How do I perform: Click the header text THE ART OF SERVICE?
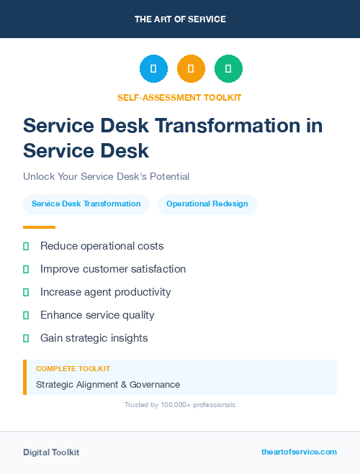(x=180, y=19)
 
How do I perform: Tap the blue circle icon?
(x=153, y=69)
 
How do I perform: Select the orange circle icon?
(x=191, y=69)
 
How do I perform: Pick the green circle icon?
(x=228, y=69)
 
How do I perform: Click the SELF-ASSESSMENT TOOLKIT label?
(x=179, y=97)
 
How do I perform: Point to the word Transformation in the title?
(x=228, y=125)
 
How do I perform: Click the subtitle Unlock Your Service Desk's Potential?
(x=106, y=176)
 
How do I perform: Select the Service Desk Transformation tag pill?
(x=86, y=204)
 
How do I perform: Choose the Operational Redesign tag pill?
(x=207, y=204)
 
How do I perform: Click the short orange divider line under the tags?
(x=39, y=227)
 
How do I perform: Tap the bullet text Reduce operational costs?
(x=102, y=246)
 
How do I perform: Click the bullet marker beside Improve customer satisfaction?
(x=26, y=269)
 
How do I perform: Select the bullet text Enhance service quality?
(x=97, y=315)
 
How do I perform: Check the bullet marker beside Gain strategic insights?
(x=26, y=338)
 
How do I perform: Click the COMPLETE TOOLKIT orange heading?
(x=73, y=369)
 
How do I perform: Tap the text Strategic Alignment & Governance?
(x=108, y=385)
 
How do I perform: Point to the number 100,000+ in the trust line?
(x=171, y=405)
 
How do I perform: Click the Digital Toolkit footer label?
(x=51, y=452)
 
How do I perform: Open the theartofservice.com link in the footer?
(x=299, y=452)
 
